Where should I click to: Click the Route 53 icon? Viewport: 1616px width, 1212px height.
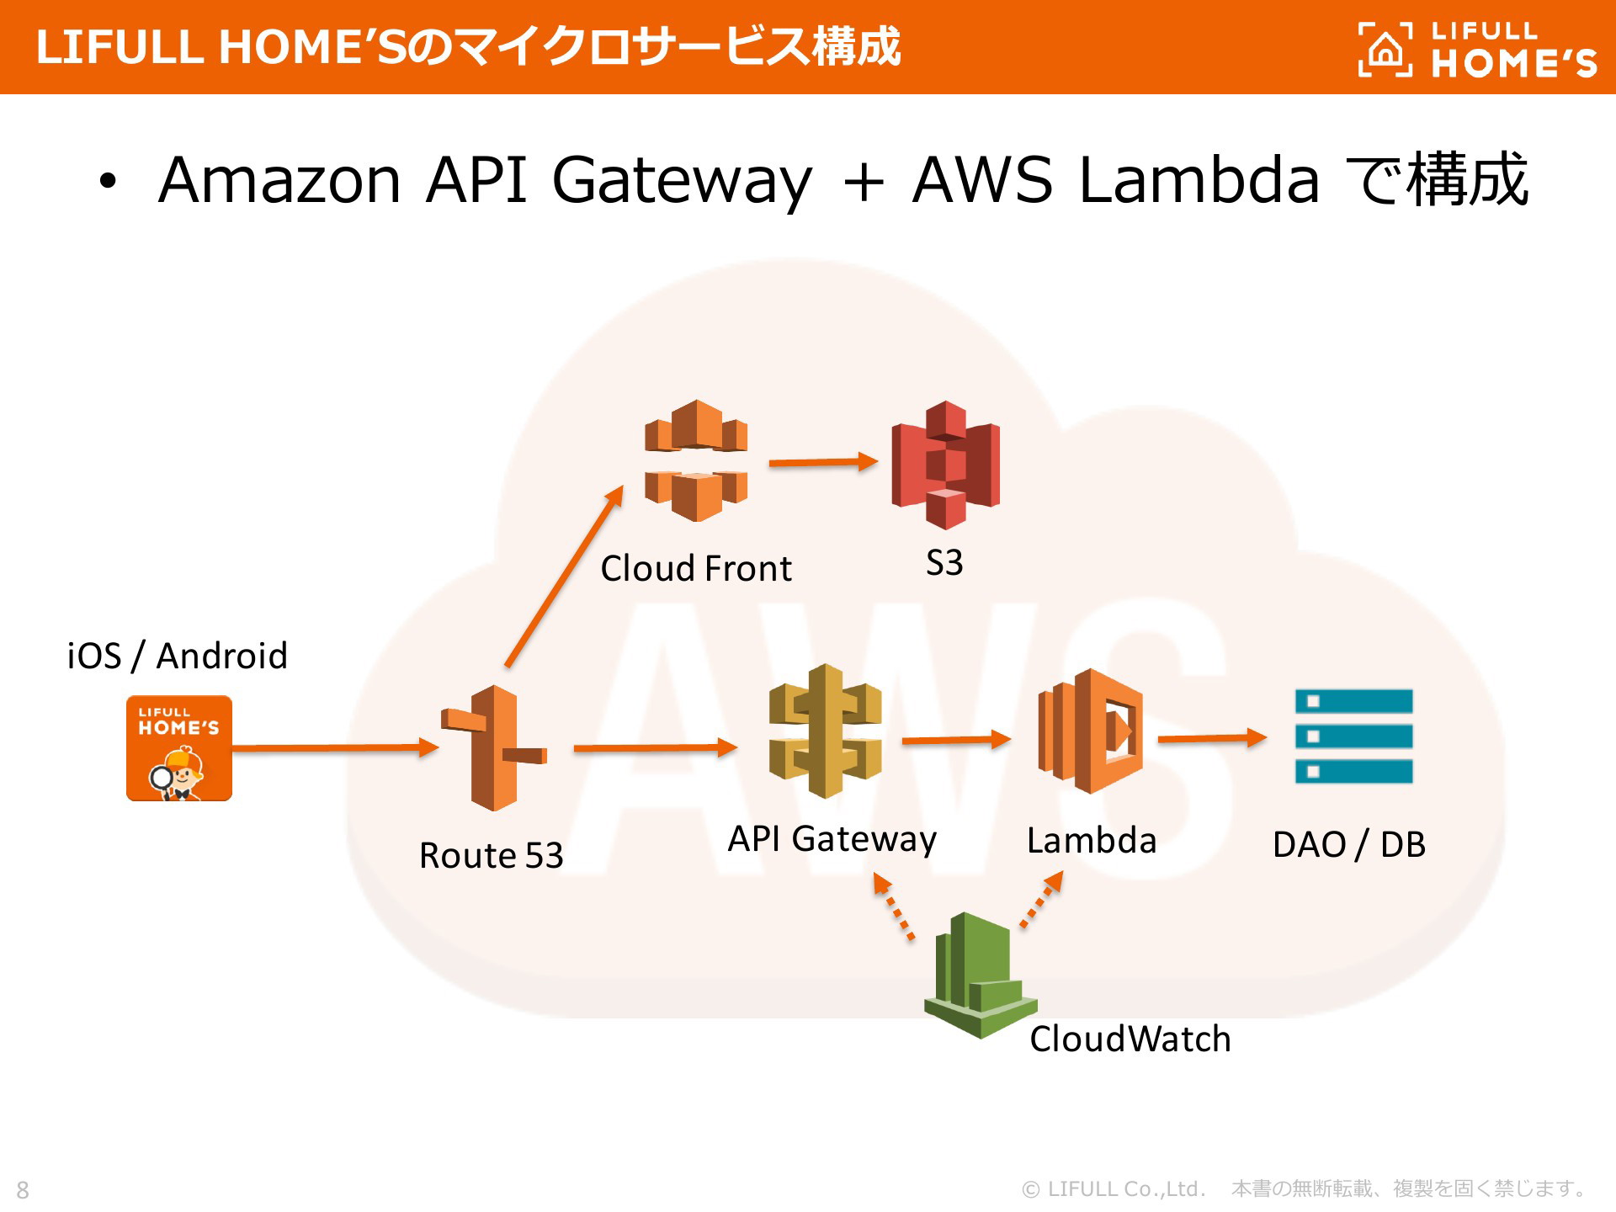pyautogui.click(x=494, y=747)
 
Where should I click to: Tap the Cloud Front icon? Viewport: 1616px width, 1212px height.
pyautogui.click(x=696, y=460)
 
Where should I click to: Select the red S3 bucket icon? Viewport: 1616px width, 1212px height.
pyautogui.click(x=945, y=465)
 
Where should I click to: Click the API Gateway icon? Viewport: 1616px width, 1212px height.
pyautogui.click(x=826, y=731)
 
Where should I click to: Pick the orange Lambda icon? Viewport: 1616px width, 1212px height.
pyautogui.click(x=1091, y=731)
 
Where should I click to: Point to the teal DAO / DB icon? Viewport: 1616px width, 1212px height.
pyautogui.click(x=1353, y=736)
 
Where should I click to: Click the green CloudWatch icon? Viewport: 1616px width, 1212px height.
pyautogui.click(x=980, y=975)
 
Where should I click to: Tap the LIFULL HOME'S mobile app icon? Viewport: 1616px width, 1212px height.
pyautogui.click(x=179, y=747)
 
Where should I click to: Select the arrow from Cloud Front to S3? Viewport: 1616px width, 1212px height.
pyautogui.click(x=823, y=461)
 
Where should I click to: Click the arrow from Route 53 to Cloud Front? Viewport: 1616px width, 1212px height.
pyautogui.click(x=564, y=577)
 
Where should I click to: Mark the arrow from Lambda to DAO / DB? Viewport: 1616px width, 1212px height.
pyautogui.click(x=1212, y=738)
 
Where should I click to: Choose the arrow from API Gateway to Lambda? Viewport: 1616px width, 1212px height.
pyautogui.click(x=956, y=740)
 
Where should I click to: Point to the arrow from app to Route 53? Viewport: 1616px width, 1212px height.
pyautogui.click(x=335, y=747)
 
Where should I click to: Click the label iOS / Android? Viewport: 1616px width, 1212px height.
pyautogui.click(x=178, y=655)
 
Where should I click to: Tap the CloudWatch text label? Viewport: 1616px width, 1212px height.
pyautogui.click(x=1130, y=1038)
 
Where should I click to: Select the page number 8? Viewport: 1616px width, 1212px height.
pyautogui.click(x=23, y=1190)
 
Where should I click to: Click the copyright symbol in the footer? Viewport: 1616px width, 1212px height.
pyautogui.click(x=1030, y=1189)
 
